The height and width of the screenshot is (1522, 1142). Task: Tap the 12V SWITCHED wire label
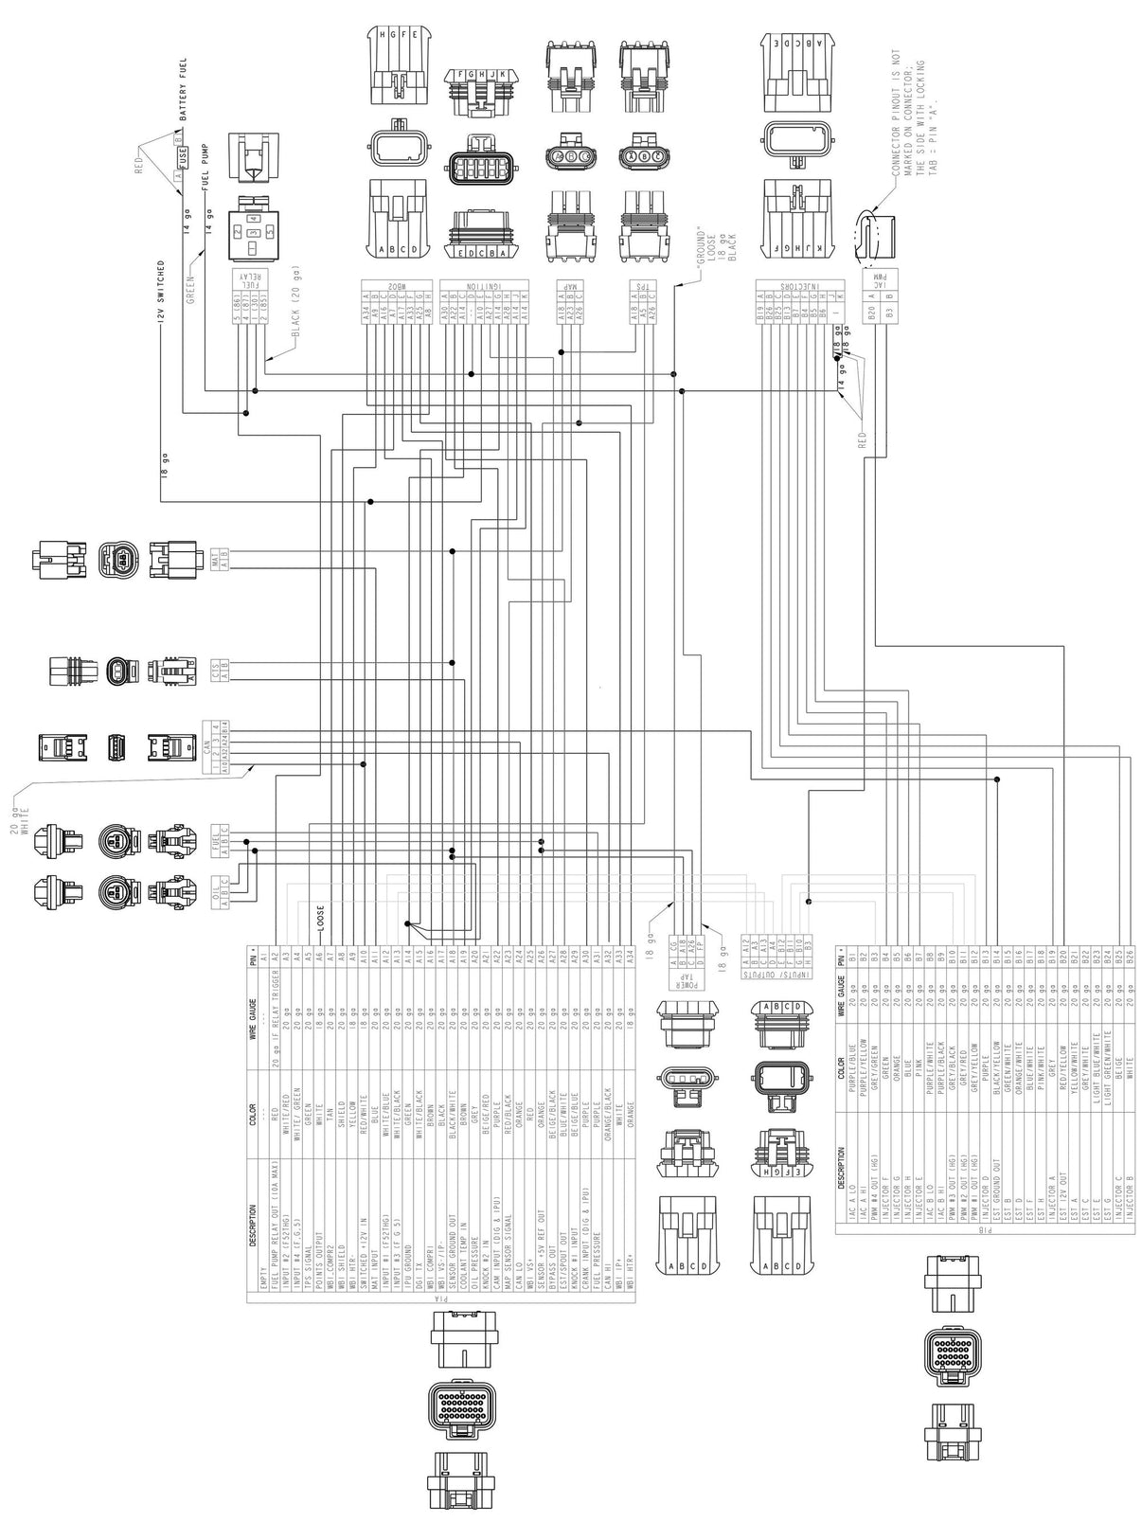162,289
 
